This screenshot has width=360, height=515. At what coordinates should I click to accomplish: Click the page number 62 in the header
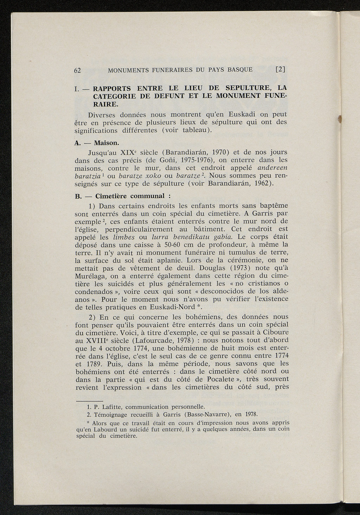[78, 70]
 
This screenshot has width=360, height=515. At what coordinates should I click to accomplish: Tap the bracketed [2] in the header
[280, 70]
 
